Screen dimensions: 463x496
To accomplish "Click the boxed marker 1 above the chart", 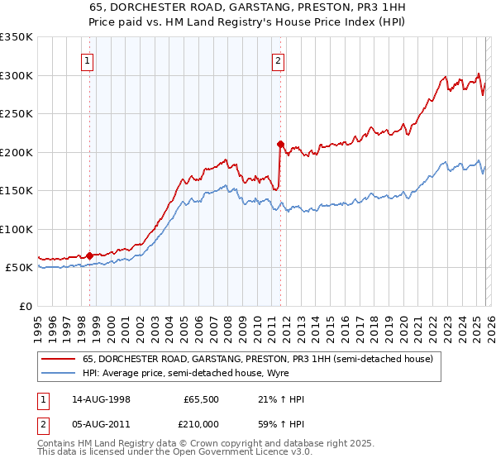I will pos(88,60).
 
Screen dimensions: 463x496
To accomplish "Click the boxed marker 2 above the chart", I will pos(279,60).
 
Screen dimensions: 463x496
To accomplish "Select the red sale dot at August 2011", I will pos(280,144).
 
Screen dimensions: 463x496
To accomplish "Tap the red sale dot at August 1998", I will pos(90,255).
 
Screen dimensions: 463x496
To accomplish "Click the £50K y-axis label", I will pos(19,268).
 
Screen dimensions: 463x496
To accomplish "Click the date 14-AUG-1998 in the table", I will pos(101,399).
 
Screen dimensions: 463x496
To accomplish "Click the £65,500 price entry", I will pos(198,399).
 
